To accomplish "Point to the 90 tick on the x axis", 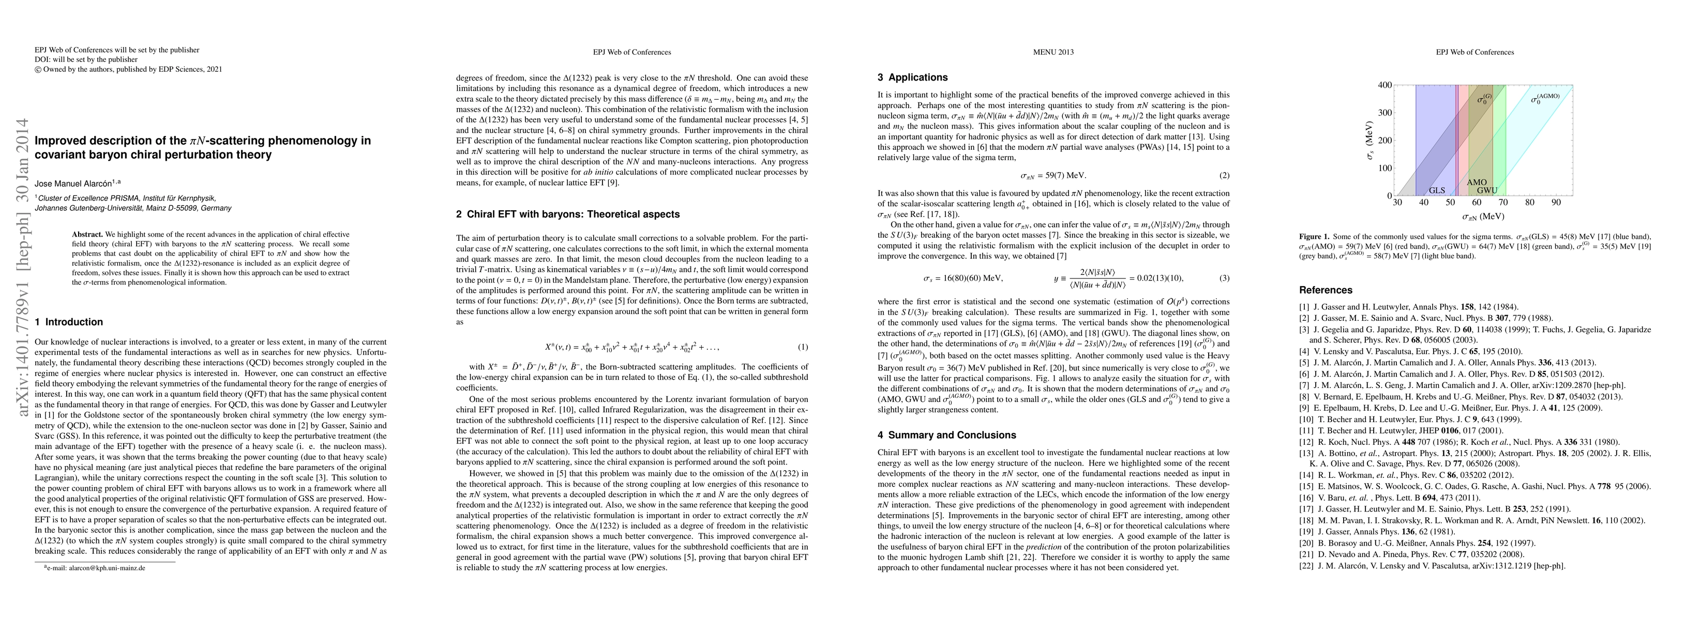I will [1556, 202].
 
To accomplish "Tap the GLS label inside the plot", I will [1437, 190].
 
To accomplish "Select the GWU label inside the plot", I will [1486, 190].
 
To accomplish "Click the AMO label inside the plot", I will [1477, 182].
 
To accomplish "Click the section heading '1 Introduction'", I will [69, 322].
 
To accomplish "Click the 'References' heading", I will [1326, 290].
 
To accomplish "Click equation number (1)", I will [803, 347].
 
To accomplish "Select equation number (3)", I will [1225, 278].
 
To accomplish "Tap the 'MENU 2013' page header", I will [1053, 52].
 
